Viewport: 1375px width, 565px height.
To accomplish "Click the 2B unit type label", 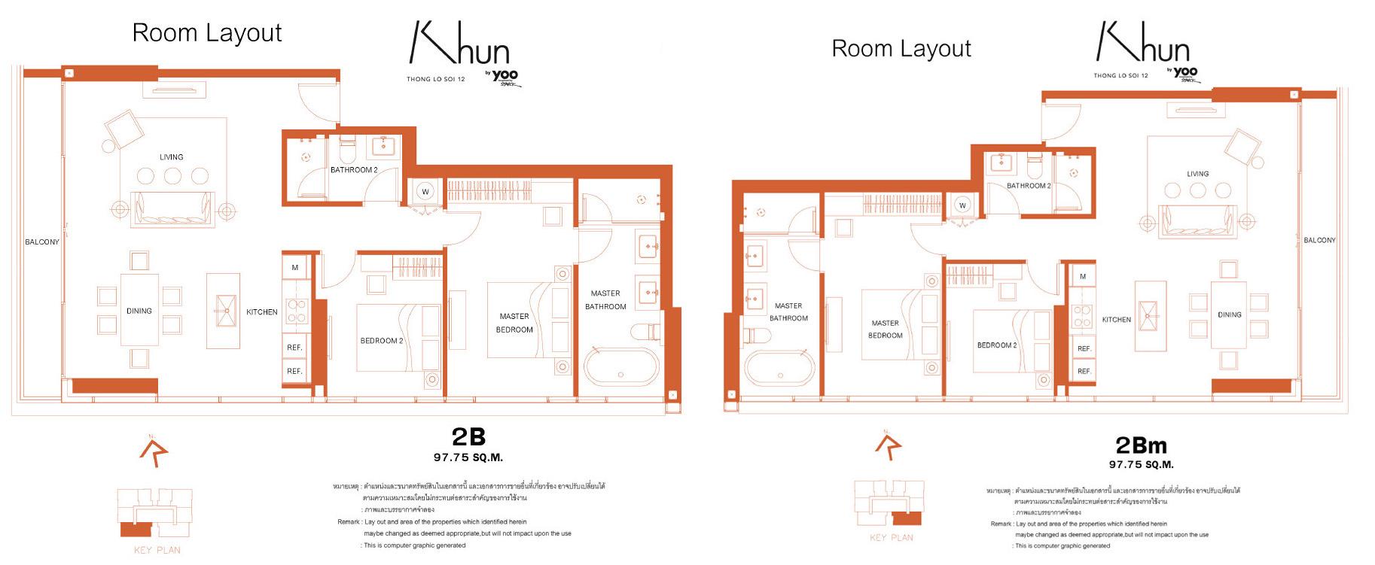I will [x=468, y=436].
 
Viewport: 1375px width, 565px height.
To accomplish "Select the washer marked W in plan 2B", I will [x=425, y=191].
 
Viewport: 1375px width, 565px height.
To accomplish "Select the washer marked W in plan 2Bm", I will [x=962, y=205].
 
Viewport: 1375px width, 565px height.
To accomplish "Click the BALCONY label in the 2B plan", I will [x=42, y=242].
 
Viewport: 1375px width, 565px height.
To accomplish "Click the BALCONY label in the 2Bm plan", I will [x=1319, y=241].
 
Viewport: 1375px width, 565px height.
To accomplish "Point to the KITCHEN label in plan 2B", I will [x=262, y=311].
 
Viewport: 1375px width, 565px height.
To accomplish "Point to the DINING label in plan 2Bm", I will [x=1230, y=314].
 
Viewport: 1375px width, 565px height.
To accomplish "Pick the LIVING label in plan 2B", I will [x=172, y=157].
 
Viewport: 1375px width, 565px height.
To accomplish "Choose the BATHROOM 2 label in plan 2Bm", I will [x=1029, y=186].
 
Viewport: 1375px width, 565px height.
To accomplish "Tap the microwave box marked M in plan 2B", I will [x=295, y=267].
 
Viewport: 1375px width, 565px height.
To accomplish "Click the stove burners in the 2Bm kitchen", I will [x=1082, y=316].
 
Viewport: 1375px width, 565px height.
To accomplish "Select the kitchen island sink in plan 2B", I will [x=224, y=308].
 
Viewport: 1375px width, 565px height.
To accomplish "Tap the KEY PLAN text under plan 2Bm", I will [x=892, y=538].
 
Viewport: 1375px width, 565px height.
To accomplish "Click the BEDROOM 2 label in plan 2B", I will [x=382, y=341].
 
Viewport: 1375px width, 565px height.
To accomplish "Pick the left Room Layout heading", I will [x=207, y=33].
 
